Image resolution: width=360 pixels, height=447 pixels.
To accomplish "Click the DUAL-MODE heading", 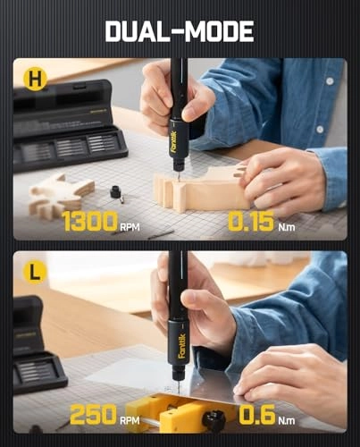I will pyautogui.click(x=180, y=31).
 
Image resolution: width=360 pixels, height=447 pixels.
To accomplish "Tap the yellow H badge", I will pyautogui.click(x=36, y=80).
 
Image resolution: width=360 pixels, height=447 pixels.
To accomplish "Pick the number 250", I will pyautogui.click(x=93, y=414).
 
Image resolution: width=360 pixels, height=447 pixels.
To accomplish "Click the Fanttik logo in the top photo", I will pyautogui.click(x=173, y=142).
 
